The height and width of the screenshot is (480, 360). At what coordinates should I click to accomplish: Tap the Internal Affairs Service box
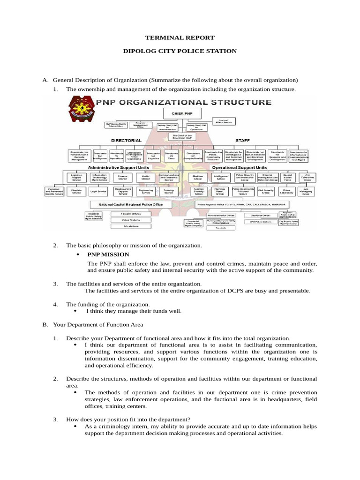click(x=227, y=121)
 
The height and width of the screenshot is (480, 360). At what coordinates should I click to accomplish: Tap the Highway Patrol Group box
click(x=220, y=191)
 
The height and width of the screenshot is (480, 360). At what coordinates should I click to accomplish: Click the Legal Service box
click(x=98, y=191)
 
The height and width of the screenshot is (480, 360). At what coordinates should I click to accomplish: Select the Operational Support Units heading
click(x=239, y=167)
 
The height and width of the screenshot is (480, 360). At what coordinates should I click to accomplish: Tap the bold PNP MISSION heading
click(x=108, y=254)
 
